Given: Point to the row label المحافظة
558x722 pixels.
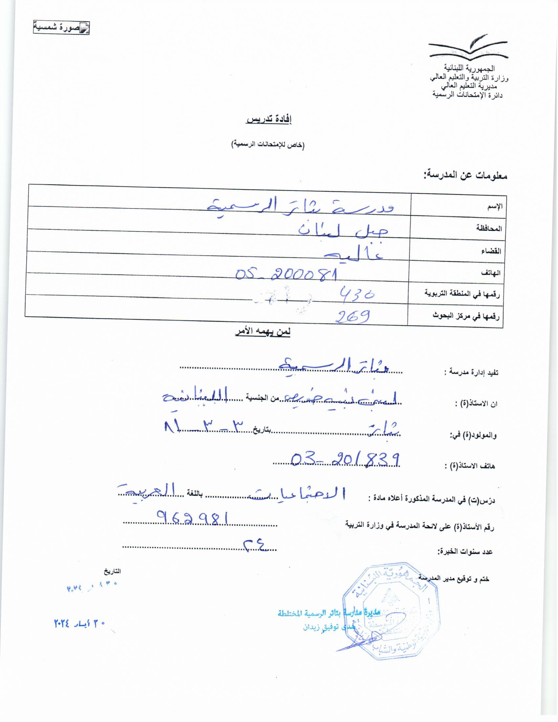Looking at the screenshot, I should click(x=489, y=228).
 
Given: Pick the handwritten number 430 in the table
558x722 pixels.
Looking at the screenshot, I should click(x=357, y=294).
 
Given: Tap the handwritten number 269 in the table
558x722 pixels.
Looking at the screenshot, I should click(x=353, y=317).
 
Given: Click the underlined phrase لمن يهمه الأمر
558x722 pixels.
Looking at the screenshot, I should click(x=263, y=332).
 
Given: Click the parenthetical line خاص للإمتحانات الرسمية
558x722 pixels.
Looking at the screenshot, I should click(x=268, y=145).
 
